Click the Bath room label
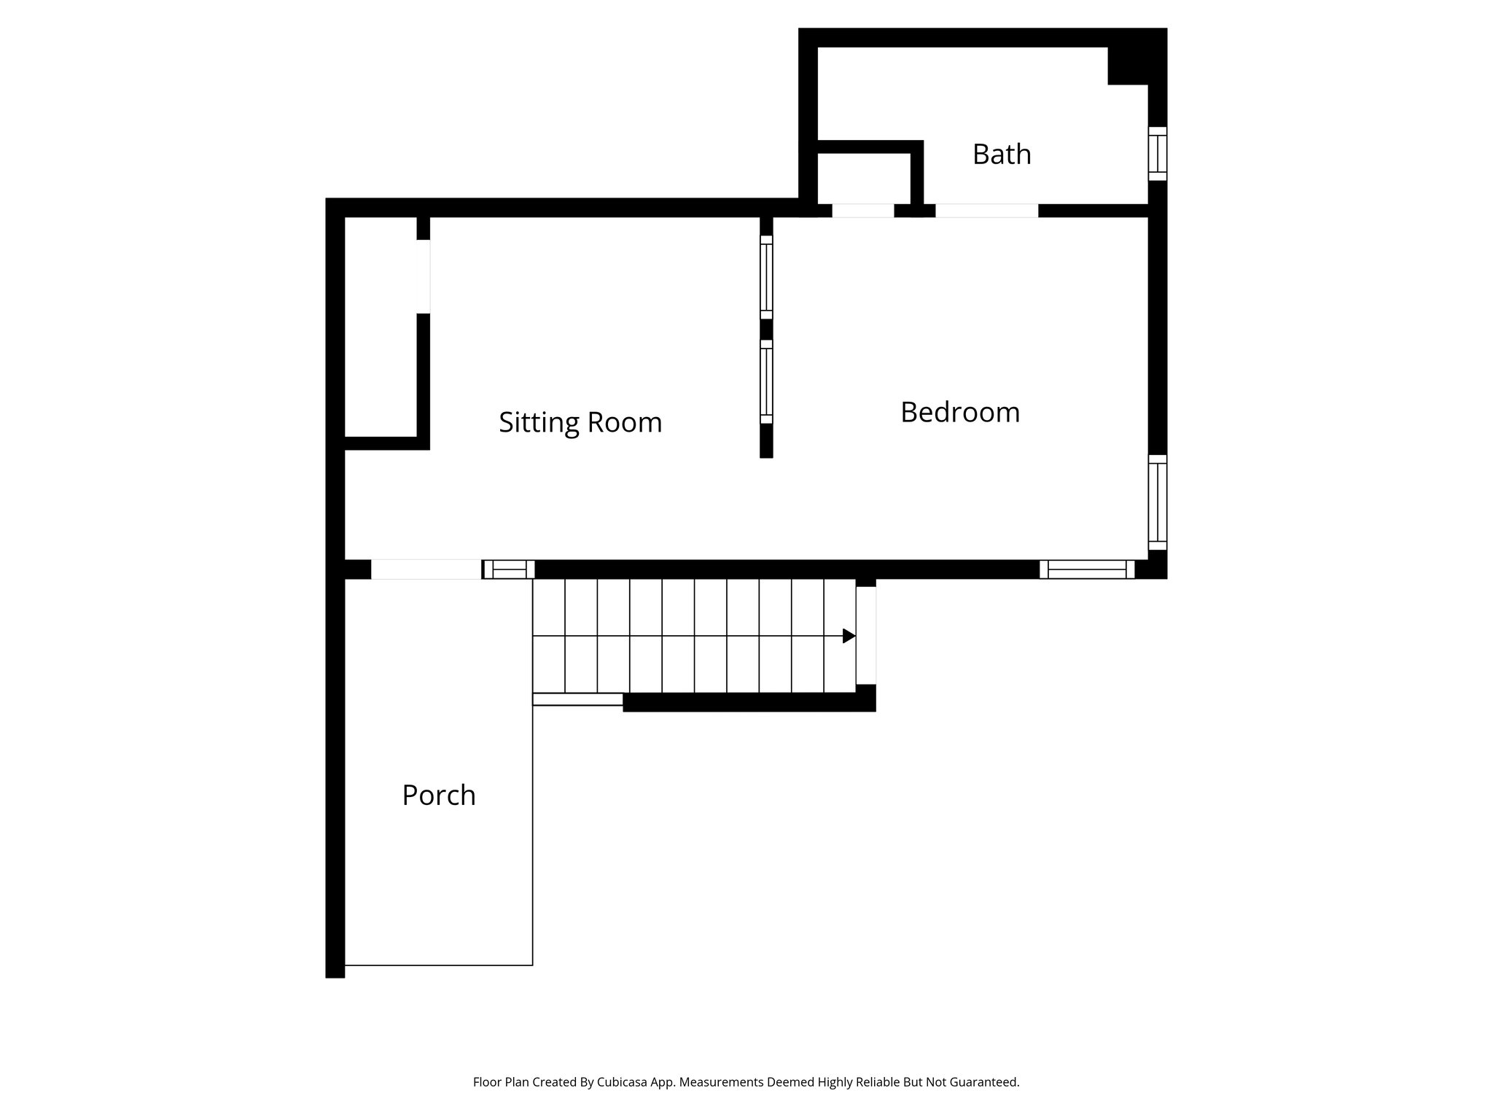tap(1002, 155)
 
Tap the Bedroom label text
tap(959, 413)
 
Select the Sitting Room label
tap(580, 423)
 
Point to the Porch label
tap(439, 796)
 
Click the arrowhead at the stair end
tap(849, 636)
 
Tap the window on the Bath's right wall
tap(1157, 154)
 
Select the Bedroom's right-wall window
tap(1157, 502)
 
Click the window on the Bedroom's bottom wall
tap(1086, 569)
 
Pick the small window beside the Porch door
tap(509, 569)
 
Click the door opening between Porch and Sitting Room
tap(426, 569)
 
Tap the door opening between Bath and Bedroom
tap(986, 211)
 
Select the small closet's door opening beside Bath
tap(863, 211)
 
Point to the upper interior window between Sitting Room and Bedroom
tap(766, 278)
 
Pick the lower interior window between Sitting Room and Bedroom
tap(766, 382)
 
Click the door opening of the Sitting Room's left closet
tap(424, 276)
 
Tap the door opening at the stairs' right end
tap(865, 635)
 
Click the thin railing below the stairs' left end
tap(577, 699)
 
